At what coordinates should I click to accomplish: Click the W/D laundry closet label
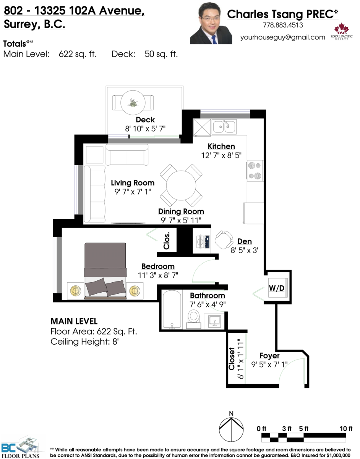(x=276, y=288)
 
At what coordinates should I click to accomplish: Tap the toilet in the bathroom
(x=194, y=317)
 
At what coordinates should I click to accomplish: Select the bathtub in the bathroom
(x=172, y=310)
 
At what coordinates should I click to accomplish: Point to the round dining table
(x=181, y=185)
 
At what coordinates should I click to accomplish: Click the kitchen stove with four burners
(x=255, y=171)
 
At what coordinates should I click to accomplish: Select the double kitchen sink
(x=224, y=127)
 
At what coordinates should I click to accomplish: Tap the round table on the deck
(x=133, y=102)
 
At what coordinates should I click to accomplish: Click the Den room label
(x=245, y=241)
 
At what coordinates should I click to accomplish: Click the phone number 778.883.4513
(x=282, y=26)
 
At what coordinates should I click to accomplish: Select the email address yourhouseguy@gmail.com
(x=282, y=37)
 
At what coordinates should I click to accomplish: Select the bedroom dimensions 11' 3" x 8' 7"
(x=158, y=275)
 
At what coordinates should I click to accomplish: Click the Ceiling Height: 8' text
(x=85, y=342)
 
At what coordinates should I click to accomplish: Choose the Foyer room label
(x=269, y=356)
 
